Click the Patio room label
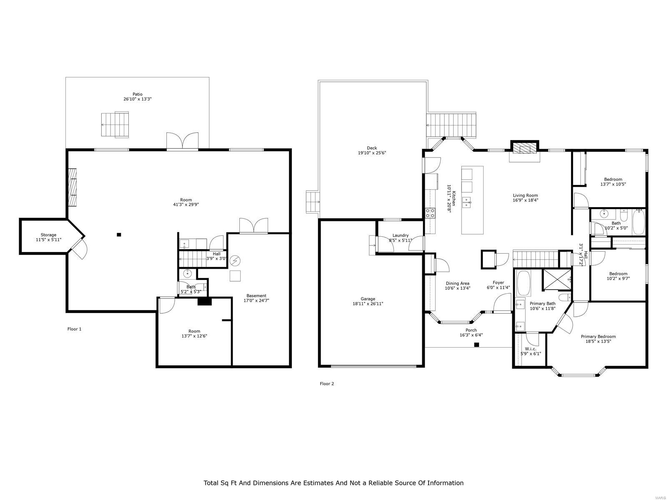137,94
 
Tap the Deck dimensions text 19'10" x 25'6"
371,153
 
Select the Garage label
368,299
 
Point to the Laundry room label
400,235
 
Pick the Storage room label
49,235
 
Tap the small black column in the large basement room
119,234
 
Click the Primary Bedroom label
598,336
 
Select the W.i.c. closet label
531,349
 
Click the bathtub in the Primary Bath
523,283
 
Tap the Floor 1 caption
75,329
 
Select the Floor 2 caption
327,383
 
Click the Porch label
471,330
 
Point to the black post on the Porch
477,345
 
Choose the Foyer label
498,282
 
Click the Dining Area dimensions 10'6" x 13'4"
458,288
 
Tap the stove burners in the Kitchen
430,212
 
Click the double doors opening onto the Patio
182,141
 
